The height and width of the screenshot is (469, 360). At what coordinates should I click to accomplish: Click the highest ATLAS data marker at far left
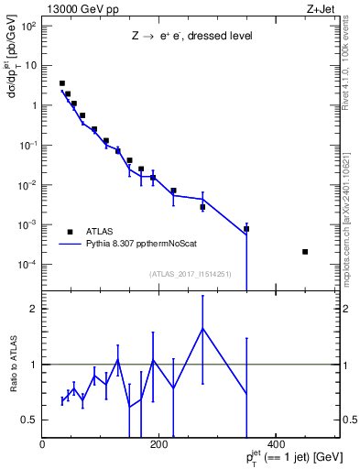tap(62, 83)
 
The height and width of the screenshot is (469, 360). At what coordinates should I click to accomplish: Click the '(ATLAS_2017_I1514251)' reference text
tap(189, 273)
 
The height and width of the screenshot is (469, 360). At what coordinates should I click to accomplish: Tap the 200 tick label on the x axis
tap(158, 444)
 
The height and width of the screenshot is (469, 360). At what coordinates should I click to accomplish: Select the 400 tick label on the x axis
tap(275, 444)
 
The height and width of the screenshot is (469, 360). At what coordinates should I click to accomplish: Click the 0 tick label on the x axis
tap(42, 444)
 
